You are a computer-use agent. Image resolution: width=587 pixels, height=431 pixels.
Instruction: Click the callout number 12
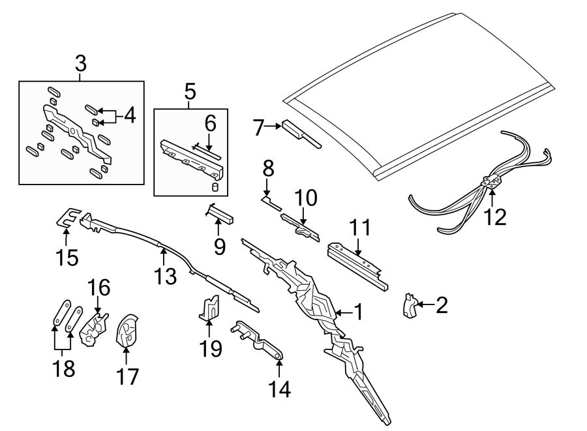tap(496, 217)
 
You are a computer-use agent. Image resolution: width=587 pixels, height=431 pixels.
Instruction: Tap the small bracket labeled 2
tap(410, 306)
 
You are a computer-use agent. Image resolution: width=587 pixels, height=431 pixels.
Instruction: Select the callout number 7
tap(258, 128)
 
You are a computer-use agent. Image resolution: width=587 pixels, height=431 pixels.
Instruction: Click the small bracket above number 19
tap(209, 308)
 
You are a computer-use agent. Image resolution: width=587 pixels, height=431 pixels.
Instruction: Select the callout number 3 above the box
tap(80, 65)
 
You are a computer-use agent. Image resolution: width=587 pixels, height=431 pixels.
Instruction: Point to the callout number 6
tap(209, 122)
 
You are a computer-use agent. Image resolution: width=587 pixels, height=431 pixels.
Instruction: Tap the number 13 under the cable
tap(166, 276)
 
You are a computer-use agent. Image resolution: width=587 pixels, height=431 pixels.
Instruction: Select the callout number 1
tap(357, 313)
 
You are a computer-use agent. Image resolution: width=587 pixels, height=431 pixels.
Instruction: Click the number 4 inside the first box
tap(129, 116)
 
